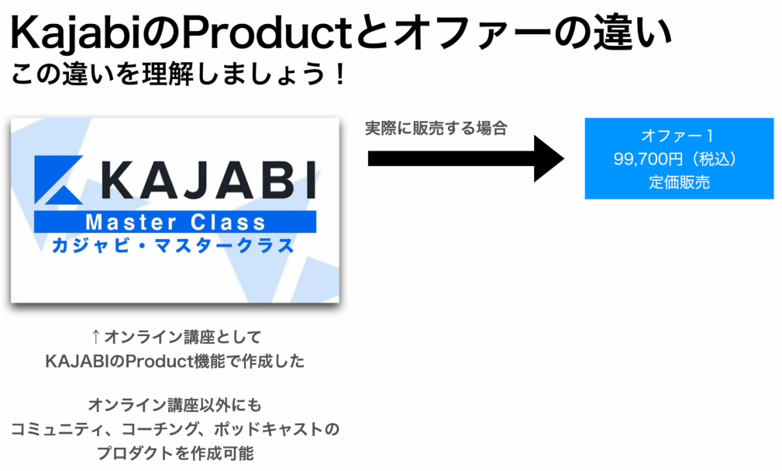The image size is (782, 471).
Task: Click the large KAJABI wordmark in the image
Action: click(208, 180)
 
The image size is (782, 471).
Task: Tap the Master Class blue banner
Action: click(175, 222)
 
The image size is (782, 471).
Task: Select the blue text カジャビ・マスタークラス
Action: click(173, 246)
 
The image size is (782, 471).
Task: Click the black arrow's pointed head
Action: click(563, 158)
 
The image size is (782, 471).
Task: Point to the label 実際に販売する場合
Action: click(436, 128)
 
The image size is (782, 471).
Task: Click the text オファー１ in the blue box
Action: click(678, 135)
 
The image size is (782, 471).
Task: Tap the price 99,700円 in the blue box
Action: click(648, 159)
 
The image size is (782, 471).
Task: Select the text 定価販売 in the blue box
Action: click(679, 182)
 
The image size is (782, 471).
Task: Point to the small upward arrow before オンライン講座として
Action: click(96, 337)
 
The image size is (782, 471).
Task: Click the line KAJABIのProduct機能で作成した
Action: click(175, 361)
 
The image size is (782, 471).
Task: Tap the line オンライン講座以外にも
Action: click(175, 404)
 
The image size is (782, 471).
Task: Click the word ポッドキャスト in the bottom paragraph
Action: click(269, 429)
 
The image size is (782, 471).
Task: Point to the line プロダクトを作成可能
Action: click(175, 453)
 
